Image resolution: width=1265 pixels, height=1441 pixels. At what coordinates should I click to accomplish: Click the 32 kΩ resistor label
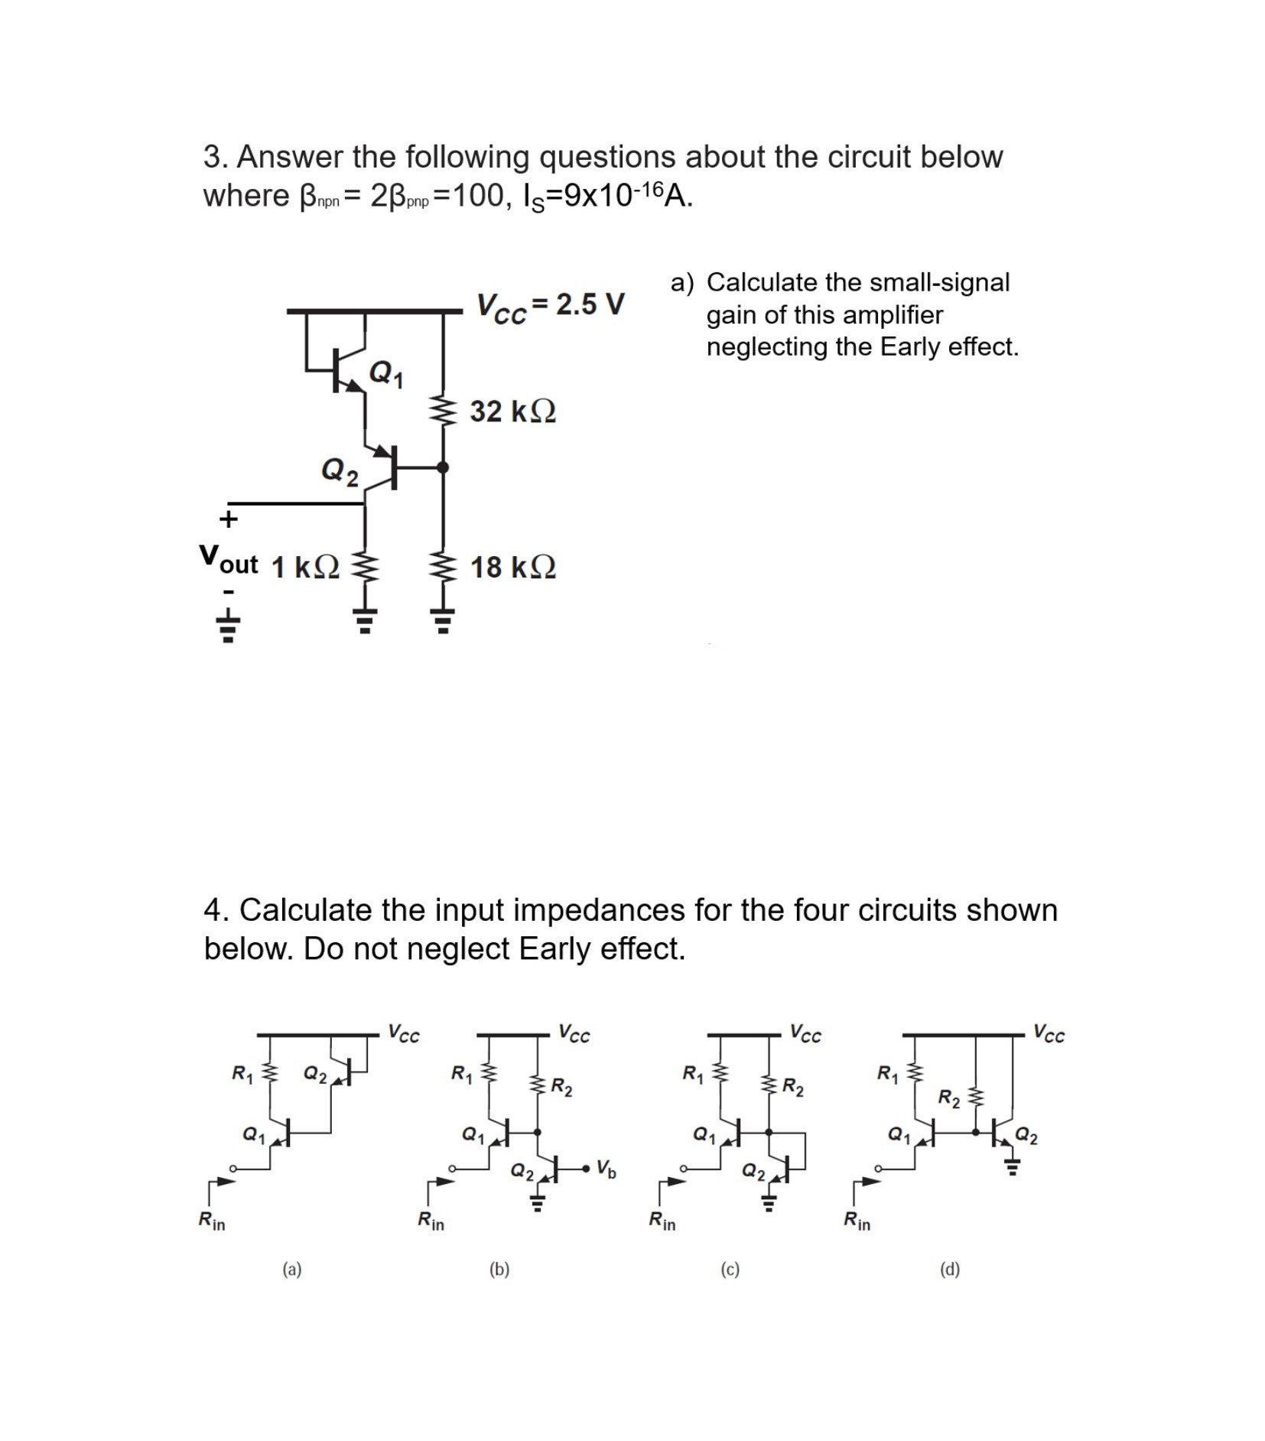pyautogui.click(x=512, y=411)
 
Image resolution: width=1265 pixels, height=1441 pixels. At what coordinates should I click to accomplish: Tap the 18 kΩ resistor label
pyautogui.click(x=512, y=568)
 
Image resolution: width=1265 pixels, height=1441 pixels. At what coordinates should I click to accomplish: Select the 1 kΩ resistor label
pyautogui.click(x=305, y=568)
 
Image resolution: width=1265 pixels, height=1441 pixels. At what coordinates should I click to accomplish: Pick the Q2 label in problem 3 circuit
pyautogui.click(x=339, y=470)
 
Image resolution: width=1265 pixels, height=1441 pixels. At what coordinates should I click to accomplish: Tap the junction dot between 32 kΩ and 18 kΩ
pyautogui.click(x=442, y=467)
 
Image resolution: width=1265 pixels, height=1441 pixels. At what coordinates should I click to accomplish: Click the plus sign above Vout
pyautogui.click(x=228, y=520)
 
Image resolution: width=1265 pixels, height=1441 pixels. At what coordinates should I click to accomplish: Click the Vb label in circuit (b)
pyautogui.click(x=605, y=1168)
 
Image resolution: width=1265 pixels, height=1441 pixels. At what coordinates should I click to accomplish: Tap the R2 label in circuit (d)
pyautogui.click(x=949, y=1099)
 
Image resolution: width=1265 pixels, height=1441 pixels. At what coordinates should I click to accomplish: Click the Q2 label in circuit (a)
pyautogui.click(x=315, y=1075)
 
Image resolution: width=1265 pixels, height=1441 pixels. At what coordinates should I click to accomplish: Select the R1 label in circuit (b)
pyautogui.click(x=461, y=1074)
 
